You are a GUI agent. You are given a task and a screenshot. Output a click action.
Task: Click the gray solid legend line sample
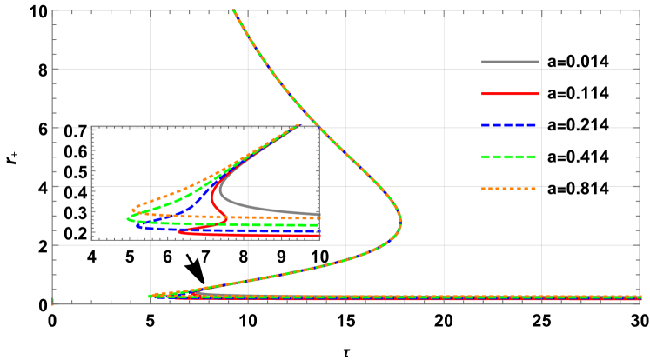[510, 62]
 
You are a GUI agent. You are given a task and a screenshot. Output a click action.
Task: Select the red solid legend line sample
[510, 93]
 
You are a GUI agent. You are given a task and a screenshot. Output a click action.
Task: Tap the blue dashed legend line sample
[510, 125]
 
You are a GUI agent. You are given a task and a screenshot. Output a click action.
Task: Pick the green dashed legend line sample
[510, 157]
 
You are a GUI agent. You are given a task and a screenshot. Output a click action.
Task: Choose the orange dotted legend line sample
[510, 189]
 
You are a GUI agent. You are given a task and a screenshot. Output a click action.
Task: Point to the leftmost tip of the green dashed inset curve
[128, 219]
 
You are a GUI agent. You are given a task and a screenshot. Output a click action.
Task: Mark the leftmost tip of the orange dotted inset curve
[133, 210]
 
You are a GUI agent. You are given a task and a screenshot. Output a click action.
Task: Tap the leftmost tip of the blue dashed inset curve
[137, 226]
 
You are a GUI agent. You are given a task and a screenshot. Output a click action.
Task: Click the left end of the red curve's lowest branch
[179, 231]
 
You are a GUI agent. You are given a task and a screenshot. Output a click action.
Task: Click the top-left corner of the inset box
[91, 127]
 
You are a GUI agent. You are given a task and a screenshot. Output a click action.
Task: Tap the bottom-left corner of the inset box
[91, 239]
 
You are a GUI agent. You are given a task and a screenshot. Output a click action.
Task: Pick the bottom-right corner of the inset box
[319, 239]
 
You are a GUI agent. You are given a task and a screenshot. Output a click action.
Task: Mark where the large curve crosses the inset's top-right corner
[319, 128]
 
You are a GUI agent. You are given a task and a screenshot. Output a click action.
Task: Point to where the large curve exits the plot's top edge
[233, 10]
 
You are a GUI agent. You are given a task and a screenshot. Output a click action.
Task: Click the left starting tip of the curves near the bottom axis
[150, 297]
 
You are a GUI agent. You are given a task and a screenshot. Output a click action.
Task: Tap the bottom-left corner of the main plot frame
[52, 303]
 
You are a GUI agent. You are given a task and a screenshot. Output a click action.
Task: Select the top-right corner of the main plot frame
[640, 10]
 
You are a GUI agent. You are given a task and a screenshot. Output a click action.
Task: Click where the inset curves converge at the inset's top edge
[298, 127]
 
